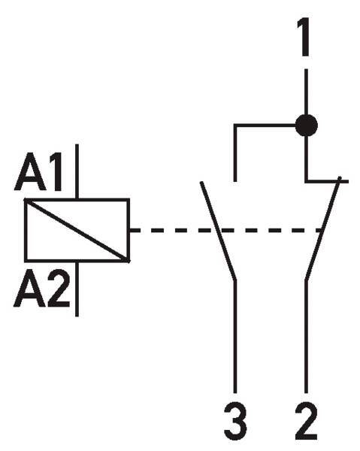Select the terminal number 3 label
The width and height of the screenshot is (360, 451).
pyautogui.click(x=235, y=422)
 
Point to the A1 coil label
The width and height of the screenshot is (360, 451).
pyautogui.click(x=38, y=171)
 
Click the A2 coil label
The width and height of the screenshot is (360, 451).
pyautogui.click(x=42, y=289)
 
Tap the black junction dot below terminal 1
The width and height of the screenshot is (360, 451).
pyautogui.click(x=307, y=126)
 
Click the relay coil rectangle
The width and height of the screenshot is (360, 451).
pyautogui.click(x=77, y=230)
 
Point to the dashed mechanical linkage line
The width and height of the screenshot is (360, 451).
pyautogui.click(x=226, y=231)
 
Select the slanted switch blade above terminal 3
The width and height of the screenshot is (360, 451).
pyautogui.click(x=219, y=231)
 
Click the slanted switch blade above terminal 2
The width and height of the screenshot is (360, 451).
pyautogui.click(x=323, y=229)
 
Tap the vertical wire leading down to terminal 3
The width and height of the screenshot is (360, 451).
pyautogui.click(x=235, y=337)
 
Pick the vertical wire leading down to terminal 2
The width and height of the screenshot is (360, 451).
pyautogui.click(x=306, y=337)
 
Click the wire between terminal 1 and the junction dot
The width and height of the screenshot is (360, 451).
pyautogui.click(x=306, y=92)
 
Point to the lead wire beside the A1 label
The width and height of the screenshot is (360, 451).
pyautogui.click(x=77, y=171)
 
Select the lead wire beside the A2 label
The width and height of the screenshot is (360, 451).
pyautogui.click(x=77, y=289)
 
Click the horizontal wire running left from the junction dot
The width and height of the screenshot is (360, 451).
pyautogui.click(x=265, y=126)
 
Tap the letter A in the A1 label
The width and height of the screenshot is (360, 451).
pyautogui.click(x=30, y=172)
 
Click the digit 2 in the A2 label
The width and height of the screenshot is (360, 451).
pyautogui.click(x=59, y=288)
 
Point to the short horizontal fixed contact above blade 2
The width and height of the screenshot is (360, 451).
pyautogui.click(x=327, y=181)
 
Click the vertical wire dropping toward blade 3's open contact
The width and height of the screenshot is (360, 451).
pyautogui.click(x=235, y=153)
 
